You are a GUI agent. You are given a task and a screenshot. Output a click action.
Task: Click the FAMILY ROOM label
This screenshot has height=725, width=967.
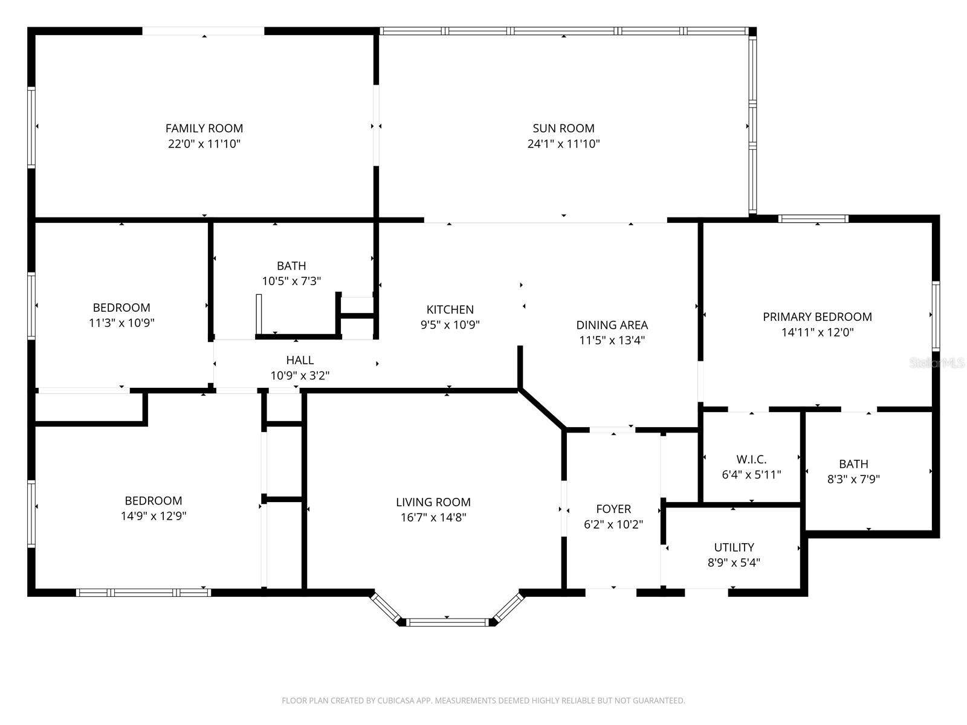[x=204, y=128]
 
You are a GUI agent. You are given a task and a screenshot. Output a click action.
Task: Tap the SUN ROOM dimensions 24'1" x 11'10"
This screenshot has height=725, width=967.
[x=563, y=144]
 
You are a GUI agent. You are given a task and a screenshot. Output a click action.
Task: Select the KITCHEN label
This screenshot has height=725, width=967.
[x=450, y=309]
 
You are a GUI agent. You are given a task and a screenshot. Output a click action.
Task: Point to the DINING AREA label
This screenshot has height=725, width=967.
[x=612, y=325]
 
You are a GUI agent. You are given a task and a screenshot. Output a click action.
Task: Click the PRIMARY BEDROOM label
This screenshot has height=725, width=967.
[x=817, y=317]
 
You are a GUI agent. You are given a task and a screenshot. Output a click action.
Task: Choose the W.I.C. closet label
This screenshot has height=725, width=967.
[x=751, y=459]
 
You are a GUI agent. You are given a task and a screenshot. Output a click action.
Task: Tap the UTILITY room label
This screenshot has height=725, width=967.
[x=734, y=547]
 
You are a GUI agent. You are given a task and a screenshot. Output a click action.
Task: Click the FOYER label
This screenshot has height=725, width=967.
[x=613, y=509]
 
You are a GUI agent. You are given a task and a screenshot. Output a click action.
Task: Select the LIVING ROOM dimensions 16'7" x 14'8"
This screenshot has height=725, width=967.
[x=433, y=517]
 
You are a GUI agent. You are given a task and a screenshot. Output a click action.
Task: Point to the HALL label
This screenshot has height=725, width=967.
[x=300, y=360]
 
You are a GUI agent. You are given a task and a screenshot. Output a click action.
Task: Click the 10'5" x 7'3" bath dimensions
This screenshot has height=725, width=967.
[x=291, y=281]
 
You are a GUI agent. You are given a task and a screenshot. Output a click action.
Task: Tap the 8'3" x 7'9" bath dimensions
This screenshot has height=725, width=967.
[x=853, y=479]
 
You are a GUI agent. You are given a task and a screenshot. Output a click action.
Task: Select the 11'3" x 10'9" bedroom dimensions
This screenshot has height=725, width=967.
[x=121, y=323]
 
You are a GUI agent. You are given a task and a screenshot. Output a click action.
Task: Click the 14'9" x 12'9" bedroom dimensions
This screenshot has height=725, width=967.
[x=154, y=516]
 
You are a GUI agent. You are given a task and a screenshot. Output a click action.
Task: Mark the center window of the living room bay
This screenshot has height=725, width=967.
[x=447, y=622]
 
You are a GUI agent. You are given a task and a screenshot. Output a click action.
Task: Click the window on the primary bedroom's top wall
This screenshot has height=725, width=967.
[x=813, y=219]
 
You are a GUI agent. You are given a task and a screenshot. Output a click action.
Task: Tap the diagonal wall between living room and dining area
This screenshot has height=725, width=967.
[x=542, y=409]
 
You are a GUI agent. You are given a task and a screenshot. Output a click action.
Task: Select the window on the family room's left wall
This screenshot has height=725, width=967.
[x=31, y=126]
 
